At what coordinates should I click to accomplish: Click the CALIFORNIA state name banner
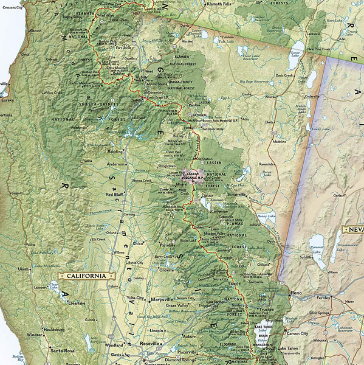86,276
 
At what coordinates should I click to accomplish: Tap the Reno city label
296,293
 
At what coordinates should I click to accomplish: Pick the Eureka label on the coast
7,100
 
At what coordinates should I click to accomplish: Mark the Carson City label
297,333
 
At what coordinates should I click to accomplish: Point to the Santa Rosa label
62,351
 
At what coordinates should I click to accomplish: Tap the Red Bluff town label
115,195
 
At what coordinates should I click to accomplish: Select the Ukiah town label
23,268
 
